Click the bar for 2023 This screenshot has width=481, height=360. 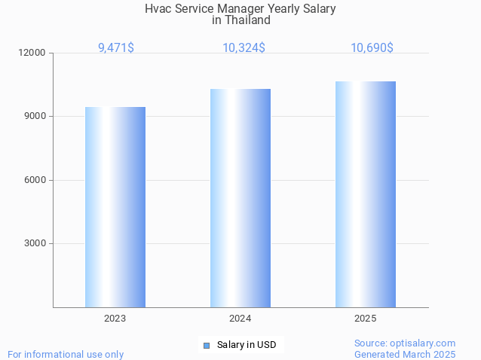pyautogui.click(x=115, y=207)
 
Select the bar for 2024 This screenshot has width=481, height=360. pyautogui.click(x=240, y=198)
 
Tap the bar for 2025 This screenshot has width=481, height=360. pyautogui.click(x=366, y=194)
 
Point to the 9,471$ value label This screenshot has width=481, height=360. pyautogui.click(x=116, y=47)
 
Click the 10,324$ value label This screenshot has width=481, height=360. pyautogui.click(x=244, y=47)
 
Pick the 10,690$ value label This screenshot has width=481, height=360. pyautogui.click(x=372, y=47)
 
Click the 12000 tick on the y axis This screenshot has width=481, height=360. pyautogui.click(x=34, y=53)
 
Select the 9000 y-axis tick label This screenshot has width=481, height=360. pyautogui.click(x=36, y=117)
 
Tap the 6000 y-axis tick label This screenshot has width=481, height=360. pyautogui.click(x=36, y=180)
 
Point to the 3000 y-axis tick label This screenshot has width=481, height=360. pyautogui.click(x=36, y=243)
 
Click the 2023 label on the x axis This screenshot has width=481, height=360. pyautogui.click(x=115, y=319)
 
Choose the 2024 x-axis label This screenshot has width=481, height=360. pyautogui.click(x=240, y=319)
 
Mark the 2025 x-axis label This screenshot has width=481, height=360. pyautogui.click(x=366, y=319)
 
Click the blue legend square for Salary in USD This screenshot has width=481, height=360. pyautogui.click(x=206, y=345)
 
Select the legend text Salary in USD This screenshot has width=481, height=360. pyautogui.click(x=247, y=345)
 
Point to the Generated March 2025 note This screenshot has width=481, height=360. pyautogui.click(x=405, y=354)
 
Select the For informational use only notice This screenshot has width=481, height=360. pyautogui.click(x=66, y=354)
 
